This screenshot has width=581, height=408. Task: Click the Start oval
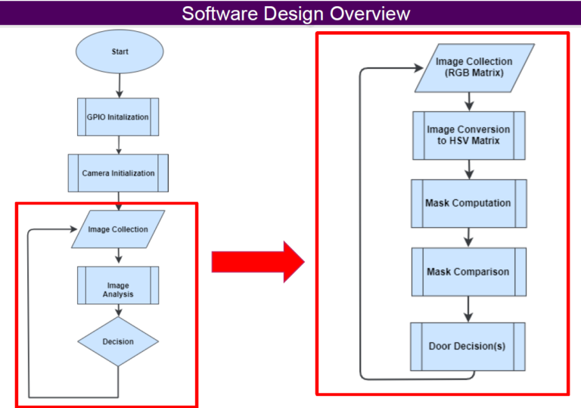(119, 52)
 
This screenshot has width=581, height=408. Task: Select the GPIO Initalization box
(118, 117)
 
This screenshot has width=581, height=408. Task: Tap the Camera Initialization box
(118, 173)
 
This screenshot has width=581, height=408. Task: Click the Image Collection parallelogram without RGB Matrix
(118, 229)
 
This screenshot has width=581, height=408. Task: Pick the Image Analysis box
(118, 285)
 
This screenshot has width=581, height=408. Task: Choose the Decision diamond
(118, 341)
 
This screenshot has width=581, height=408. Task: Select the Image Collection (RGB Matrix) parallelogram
(474, 67)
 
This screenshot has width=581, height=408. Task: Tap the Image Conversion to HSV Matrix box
(468, 135)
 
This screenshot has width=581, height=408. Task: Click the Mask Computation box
(468, 203)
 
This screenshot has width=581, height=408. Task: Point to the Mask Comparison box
(468, 272)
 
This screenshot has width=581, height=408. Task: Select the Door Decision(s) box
(468, 347)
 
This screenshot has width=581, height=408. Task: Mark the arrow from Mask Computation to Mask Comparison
(469, 237)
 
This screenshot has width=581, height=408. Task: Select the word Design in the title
(291, 14)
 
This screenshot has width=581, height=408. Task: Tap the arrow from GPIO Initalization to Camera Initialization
(118, 145)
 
